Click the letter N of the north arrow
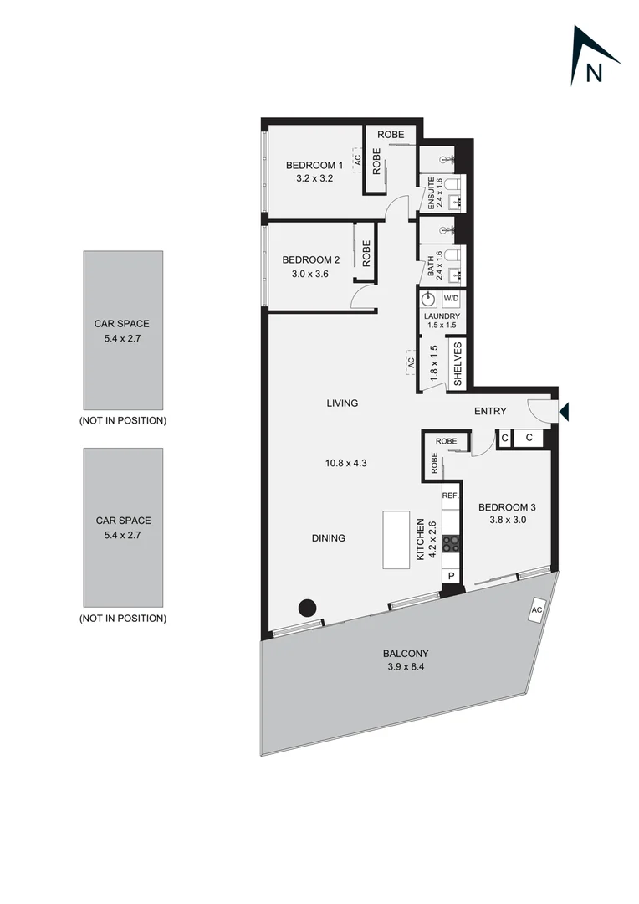(594, 73)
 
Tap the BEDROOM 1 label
(314, 165)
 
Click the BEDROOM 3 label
(508, 507)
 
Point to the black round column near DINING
(309, 608)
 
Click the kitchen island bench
(396, 540)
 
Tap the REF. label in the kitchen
(450, 496)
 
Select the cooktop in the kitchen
(451, 543)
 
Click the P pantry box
(451, 576)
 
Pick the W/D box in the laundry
(451, 299)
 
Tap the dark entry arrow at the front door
(564, 411)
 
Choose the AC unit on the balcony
(536, 611)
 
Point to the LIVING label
(342, 403)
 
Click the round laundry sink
(428, 299)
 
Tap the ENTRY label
(490, 412)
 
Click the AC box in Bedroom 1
(357, 160)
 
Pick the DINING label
(328, 538)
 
